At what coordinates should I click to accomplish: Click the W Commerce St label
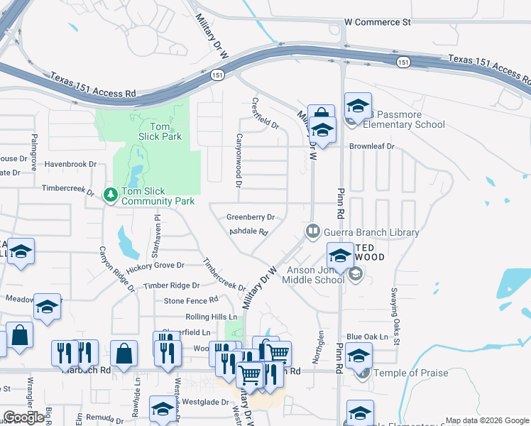377,23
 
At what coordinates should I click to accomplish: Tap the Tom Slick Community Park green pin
110,193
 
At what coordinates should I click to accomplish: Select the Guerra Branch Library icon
312,231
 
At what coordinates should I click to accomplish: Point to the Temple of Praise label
414,373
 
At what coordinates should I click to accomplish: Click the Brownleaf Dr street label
371,146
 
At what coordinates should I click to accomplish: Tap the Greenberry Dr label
250,217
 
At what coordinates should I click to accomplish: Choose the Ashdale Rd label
248,232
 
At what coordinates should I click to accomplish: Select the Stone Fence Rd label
190,301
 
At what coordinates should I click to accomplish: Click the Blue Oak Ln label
367,337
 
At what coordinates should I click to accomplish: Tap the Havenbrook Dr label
70,164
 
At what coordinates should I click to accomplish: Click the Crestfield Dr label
265,113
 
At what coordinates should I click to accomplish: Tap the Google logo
24,417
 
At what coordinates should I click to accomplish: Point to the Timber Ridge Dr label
171,285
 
